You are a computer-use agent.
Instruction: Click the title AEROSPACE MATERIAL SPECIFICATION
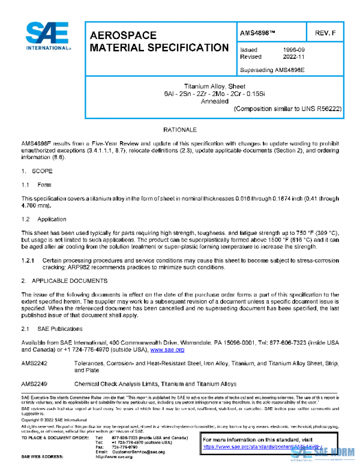(158, 41)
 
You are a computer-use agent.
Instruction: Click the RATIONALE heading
(180, 130)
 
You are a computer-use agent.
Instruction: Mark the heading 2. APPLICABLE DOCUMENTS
(62, 280)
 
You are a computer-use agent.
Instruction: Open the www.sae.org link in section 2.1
(167, 349)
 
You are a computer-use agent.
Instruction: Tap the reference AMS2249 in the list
(33, 383)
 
